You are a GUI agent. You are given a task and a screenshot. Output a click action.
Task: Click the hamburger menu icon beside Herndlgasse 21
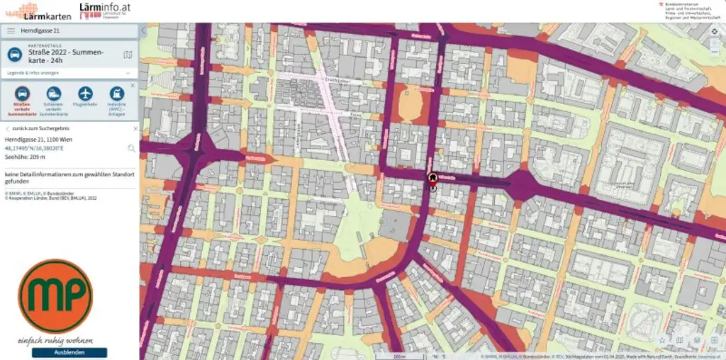point(11,31)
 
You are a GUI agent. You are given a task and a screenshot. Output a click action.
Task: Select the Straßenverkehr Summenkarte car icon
point(22,94)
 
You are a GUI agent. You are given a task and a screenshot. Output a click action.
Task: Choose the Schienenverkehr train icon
point(54,94)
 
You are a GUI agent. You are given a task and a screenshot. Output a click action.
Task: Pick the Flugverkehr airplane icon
point(86,94)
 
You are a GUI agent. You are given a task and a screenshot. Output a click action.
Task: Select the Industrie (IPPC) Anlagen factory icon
point(116,94)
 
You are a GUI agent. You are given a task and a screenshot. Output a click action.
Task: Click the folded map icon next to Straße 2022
point(128,55)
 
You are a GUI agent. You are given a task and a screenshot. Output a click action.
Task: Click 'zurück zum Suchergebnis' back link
point(35,129)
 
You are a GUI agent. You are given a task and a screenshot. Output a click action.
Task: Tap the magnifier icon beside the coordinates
point(131,149)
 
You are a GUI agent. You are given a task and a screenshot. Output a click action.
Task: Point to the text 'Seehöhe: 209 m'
point(25,157)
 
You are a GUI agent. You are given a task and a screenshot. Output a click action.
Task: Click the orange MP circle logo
point(55,296)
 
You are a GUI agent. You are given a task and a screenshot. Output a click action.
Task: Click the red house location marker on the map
point(432,178)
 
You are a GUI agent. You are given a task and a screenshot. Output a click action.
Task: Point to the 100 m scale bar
point(399,356)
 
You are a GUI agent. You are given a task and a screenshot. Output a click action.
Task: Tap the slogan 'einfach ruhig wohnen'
point(55,341)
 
